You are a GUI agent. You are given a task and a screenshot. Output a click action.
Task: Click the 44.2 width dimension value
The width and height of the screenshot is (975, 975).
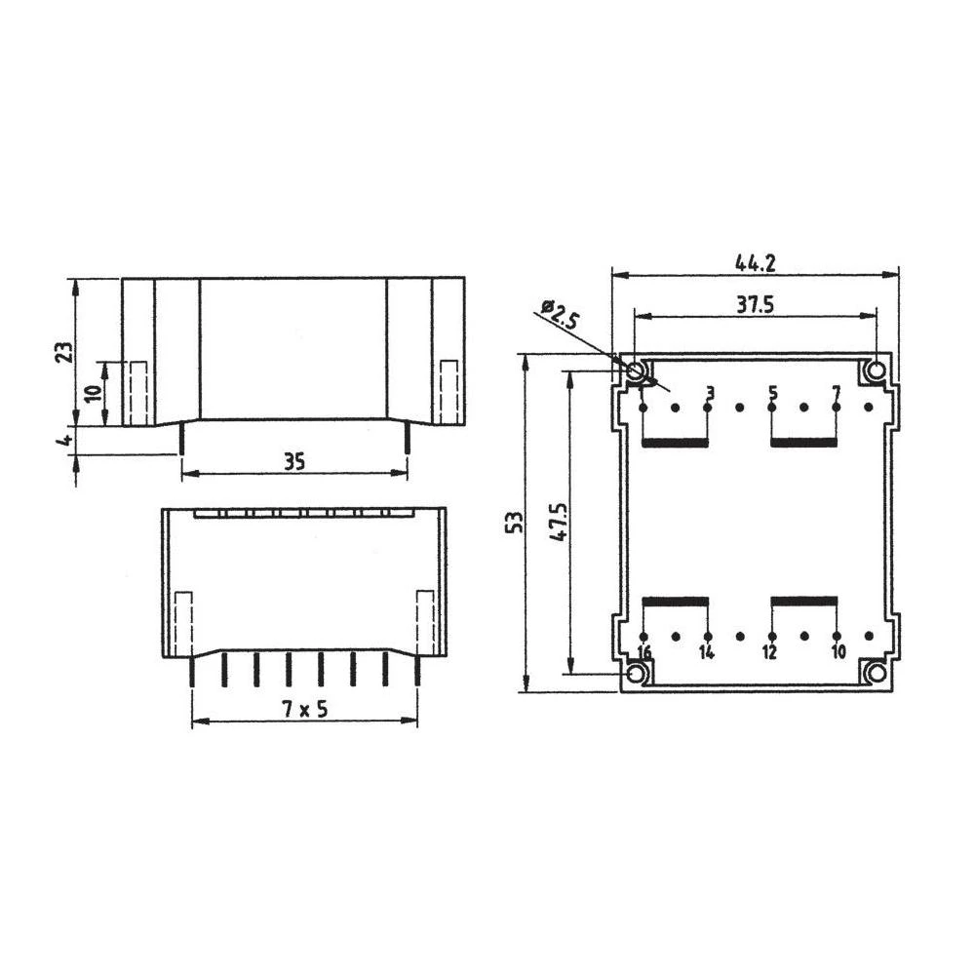(756, 262)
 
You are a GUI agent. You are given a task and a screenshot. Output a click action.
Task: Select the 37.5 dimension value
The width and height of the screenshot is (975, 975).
(755, 304)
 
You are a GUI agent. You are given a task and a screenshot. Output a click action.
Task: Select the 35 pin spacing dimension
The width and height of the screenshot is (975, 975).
(294, 461)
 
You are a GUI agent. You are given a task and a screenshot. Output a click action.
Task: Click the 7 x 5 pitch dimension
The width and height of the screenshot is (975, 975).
(304, 710)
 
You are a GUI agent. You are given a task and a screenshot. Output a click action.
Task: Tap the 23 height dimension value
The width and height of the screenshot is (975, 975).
(62, 352)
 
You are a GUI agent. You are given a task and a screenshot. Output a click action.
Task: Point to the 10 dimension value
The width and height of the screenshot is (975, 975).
(93, 394)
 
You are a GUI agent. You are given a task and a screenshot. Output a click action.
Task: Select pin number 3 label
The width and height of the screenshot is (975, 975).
(709, 393)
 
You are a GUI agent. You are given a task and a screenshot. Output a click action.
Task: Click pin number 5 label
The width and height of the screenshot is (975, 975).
(772, 393)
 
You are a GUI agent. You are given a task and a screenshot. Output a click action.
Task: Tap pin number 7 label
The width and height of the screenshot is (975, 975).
(836, 393)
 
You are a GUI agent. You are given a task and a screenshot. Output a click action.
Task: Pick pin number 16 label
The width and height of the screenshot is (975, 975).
(643, 652)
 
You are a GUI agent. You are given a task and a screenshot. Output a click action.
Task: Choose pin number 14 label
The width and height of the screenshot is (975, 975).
(707, 652)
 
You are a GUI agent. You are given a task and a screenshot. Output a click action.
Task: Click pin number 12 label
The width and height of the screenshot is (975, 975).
(769, 652)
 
